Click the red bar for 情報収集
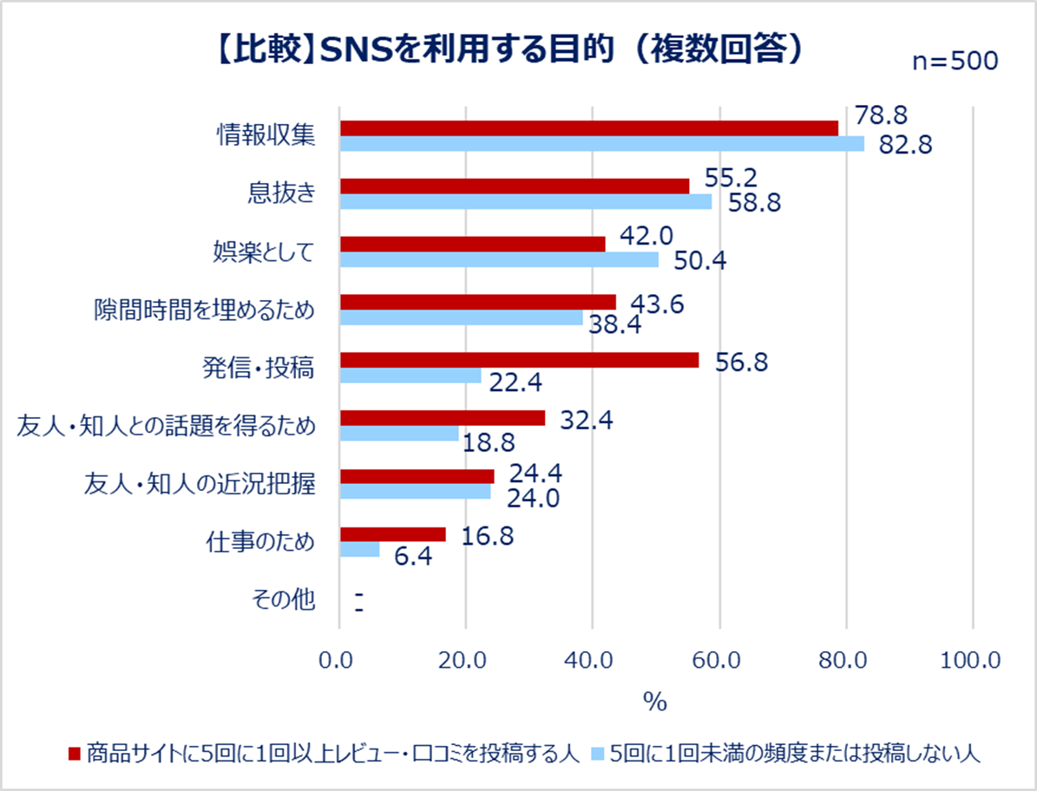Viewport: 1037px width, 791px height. click(589, 128)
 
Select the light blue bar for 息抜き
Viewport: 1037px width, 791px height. click(526, 201)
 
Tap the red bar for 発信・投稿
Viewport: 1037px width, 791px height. click(519, 360)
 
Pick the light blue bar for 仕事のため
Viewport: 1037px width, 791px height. click(360, 549)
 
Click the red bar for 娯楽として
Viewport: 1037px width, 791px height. click(472, 245)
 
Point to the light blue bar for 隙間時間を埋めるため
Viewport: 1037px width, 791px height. click(461, 317)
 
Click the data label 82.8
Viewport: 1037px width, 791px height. click(905, 145)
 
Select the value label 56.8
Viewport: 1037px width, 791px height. click(741, 363)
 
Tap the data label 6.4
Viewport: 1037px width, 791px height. click(413, 556)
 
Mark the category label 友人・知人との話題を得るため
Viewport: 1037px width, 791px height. click(166, 426)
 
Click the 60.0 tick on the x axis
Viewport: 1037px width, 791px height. click(718, 661)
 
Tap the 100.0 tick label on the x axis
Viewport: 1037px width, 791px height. click(970, 661)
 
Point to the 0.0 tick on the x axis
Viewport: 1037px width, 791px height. click(339, 661)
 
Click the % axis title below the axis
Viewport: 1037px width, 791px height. click(655, 702)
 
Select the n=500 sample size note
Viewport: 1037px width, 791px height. click(954, 62)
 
